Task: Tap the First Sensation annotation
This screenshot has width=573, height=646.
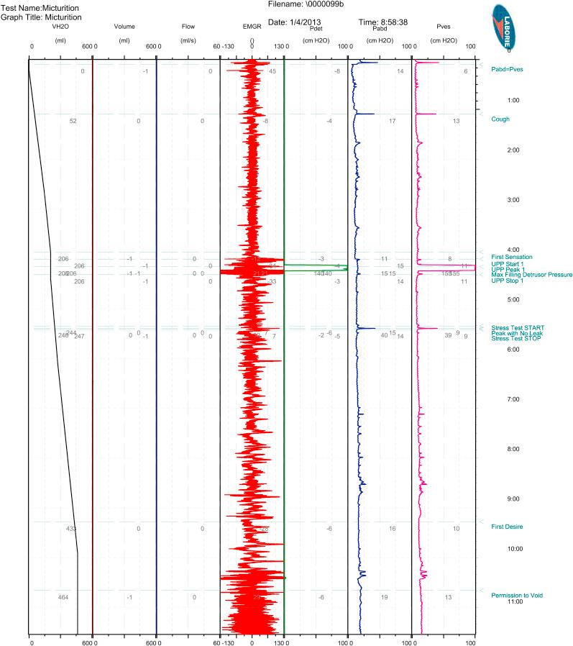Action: tap(511, 257)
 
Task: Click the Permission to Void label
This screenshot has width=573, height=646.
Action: tap(516, 595)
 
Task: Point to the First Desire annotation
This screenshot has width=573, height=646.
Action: tap(507, 527)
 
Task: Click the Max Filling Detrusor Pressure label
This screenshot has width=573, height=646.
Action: tap(531, 275)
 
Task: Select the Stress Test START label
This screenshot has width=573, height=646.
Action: tap(517, 328)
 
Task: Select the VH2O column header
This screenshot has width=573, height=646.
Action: tap(60, 27)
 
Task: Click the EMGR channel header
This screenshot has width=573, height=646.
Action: tap(252, 27)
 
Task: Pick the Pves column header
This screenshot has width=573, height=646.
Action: tap(443, 27)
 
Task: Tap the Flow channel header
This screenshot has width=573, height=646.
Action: tap(188, 27)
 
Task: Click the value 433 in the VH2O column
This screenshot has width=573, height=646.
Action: tap(71, 529)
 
